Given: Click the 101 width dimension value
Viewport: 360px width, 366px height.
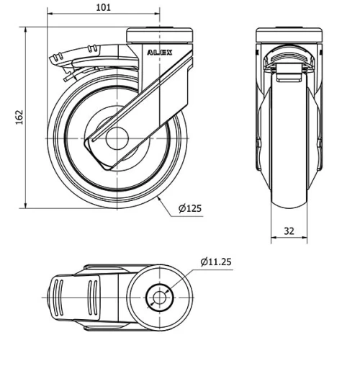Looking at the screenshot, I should [103, 8].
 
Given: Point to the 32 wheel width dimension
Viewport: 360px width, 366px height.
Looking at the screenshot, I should [288, 231].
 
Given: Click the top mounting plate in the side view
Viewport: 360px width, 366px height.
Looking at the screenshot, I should [160, 33].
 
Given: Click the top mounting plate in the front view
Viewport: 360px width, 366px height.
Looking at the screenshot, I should [288, 33].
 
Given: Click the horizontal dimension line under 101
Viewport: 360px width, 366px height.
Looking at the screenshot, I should [103, 15].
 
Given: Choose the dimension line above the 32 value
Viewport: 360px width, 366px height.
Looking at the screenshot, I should [288, 238].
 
